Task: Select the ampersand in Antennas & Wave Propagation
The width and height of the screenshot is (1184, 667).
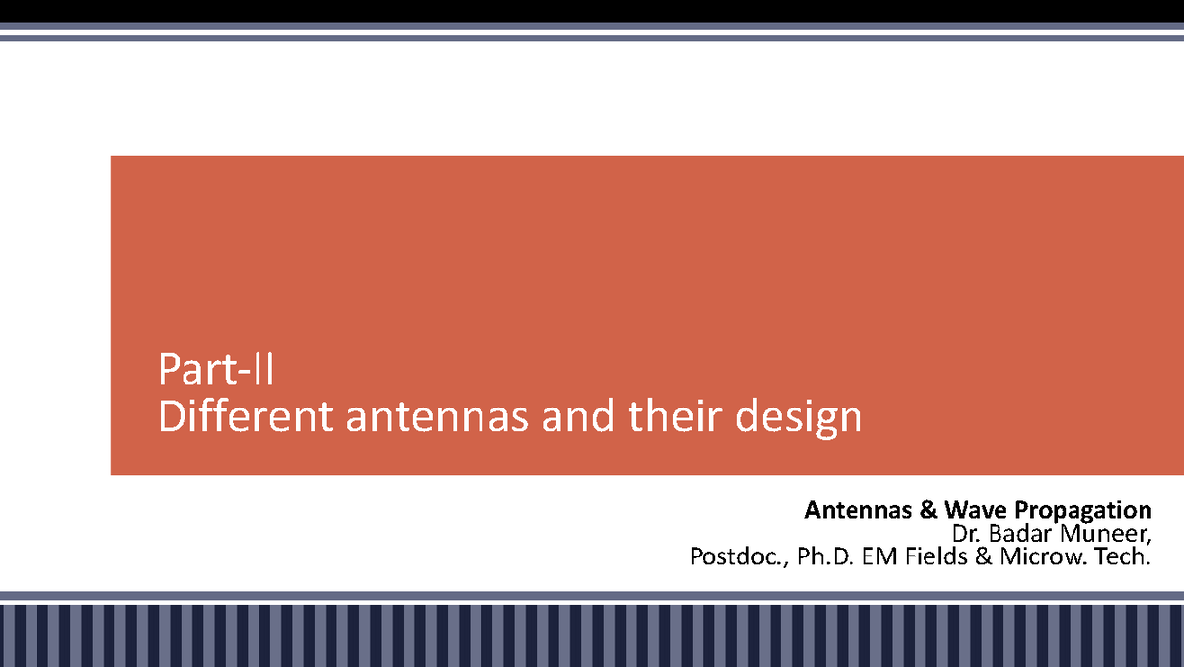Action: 927,510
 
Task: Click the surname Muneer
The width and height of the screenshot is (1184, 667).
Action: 1102,534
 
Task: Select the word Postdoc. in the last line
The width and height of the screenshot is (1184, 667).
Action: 733,557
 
